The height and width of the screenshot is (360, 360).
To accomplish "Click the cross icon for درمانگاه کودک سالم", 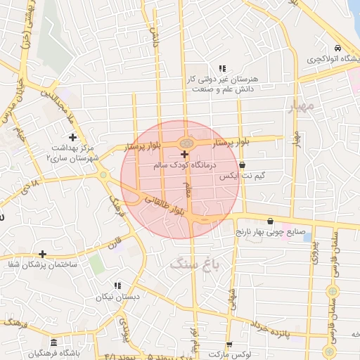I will [x=184, y=154].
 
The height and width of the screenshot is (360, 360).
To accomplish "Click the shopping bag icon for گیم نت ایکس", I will [x=243, y=165].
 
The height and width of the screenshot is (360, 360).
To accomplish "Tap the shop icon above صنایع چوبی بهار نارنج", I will [x=270, y=221].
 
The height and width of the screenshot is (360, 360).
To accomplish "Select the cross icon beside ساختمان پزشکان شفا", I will [x=43, y=254].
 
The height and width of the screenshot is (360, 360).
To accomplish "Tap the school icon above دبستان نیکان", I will [x=117, y=285].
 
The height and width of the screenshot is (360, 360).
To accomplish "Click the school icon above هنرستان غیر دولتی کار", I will [x=222, y=69].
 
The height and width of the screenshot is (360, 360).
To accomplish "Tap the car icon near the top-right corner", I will [x=338, y=48].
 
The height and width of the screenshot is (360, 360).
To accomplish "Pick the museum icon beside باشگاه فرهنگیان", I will [x=54, y=342].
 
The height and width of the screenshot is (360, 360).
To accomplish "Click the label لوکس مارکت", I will [x=250, y=356].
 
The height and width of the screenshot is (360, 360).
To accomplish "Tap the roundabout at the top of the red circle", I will [x=185, y=143].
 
